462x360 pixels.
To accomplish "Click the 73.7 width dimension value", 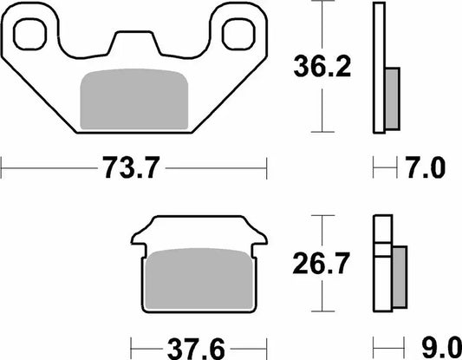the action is (131, 167).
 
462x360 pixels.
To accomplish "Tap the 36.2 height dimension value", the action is (322, 66).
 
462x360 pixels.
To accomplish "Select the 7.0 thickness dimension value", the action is (426, 167).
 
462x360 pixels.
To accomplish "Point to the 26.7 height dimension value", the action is (322, 263).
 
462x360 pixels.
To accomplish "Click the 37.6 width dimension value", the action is (196, 350).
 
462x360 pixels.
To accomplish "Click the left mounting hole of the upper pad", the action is (29, 34).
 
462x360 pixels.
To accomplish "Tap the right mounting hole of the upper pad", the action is (238, 34).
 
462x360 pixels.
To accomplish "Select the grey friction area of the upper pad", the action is (134, 100).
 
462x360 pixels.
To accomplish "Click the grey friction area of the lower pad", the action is (199, 279).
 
